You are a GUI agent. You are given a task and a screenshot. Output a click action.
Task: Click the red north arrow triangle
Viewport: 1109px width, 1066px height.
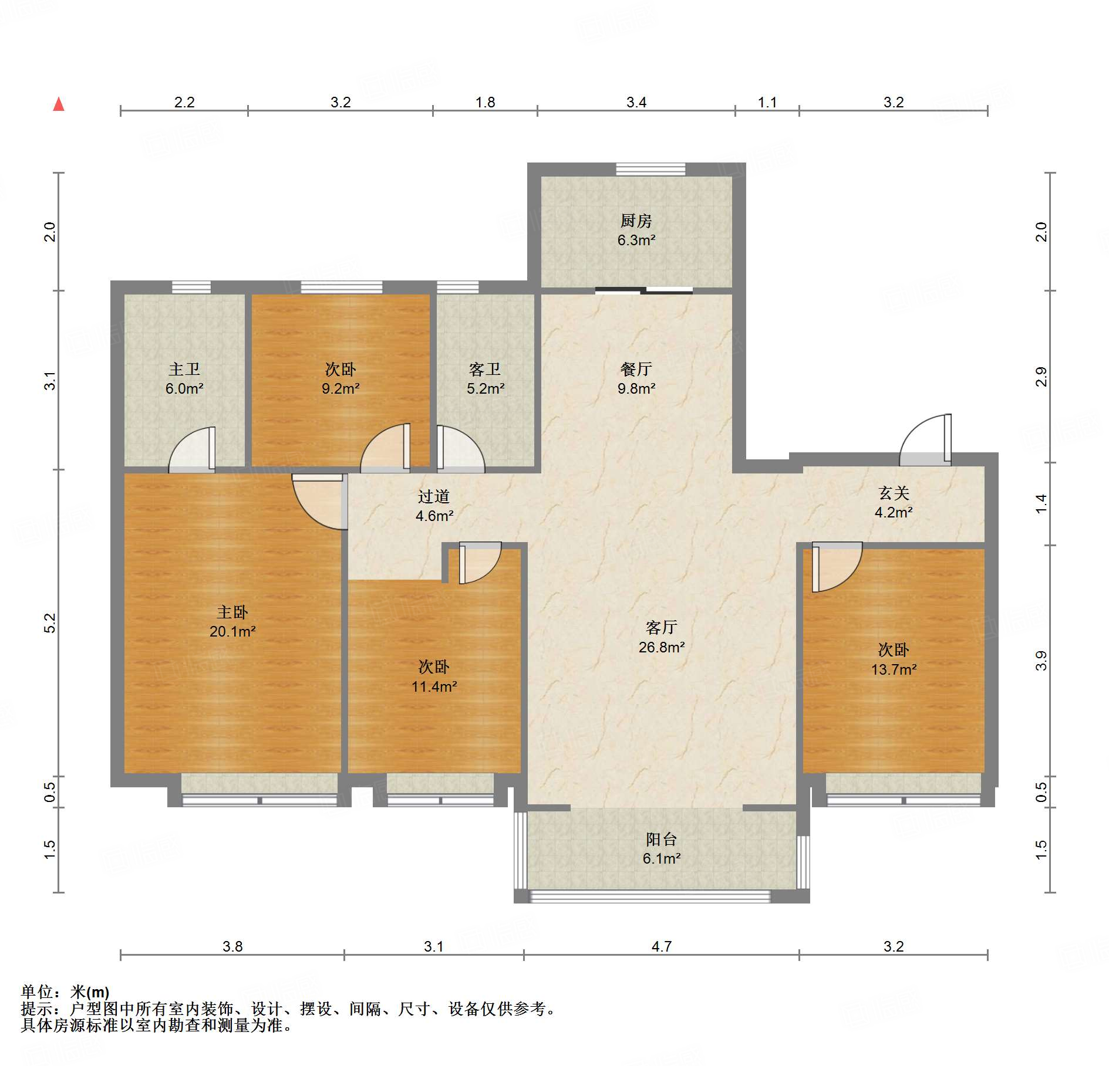click(x=59, y=104)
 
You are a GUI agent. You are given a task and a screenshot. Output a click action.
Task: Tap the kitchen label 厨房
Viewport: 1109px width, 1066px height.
click(x=636, y=221)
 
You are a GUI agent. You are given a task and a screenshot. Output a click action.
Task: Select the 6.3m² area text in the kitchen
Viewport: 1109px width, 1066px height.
click(x=636, y=240)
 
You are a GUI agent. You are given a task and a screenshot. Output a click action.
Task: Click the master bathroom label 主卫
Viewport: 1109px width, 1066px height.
click(x=184, y=369)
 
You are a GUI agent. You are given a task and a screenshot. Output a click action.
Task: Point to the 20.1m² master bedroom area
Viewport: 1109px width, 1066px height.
click(x=232, y=631)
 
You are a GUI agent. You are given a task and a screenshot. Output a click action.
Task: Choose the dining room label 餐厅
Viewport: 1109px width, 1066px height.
click(x=636, y=369)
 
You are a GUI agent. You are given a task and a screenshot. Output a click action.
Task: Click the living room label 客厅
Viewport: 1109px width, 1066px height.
click(x=662, y=628)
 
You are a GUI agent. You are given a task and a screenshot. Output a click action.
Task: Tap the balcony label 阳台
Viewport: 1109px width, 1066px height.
click(x=662, y=839)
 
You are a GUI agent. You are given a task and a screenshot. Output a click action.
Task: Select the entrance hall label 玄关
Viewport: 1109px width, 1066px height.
click(x=894, y=493)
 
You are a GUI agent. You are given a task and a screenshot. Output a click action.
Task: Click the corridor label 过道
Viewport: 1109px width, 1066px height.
click(x=434, y=496)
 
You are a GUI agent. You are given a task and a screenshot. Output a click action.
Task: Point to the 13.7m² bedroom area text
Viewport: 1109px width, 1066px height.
click(x=894, y=669)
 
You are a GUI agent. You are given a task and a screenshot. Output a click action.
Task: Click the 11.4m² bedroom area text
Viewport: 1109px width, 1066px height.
click(x=434, y=686)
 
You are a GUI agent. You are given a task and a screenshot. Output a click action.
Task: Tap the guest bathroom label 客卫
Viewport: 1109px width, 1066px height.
click(x=485, y=369)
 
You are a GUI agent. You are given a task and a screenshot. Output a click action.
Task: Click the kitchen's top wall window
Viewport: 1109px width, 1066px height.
click(x=650, y=169)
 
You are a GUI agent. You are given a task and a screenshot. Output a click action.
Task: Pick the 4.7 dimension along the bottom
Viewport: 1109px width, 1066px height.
click(x=662, y=946)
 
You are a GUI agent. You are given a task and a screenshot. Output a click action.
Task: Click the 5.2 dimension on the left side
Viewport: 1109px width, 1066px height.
click(x=50, y=622)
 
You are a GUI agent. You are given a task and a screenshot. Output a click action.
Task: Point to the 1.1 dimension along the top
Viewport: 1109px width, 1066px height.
click(x=767, y=102)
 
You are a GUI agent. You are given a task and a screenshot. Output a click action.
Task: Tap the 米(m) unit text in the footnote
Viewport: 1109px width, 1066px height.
click(x=90, y=991)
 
